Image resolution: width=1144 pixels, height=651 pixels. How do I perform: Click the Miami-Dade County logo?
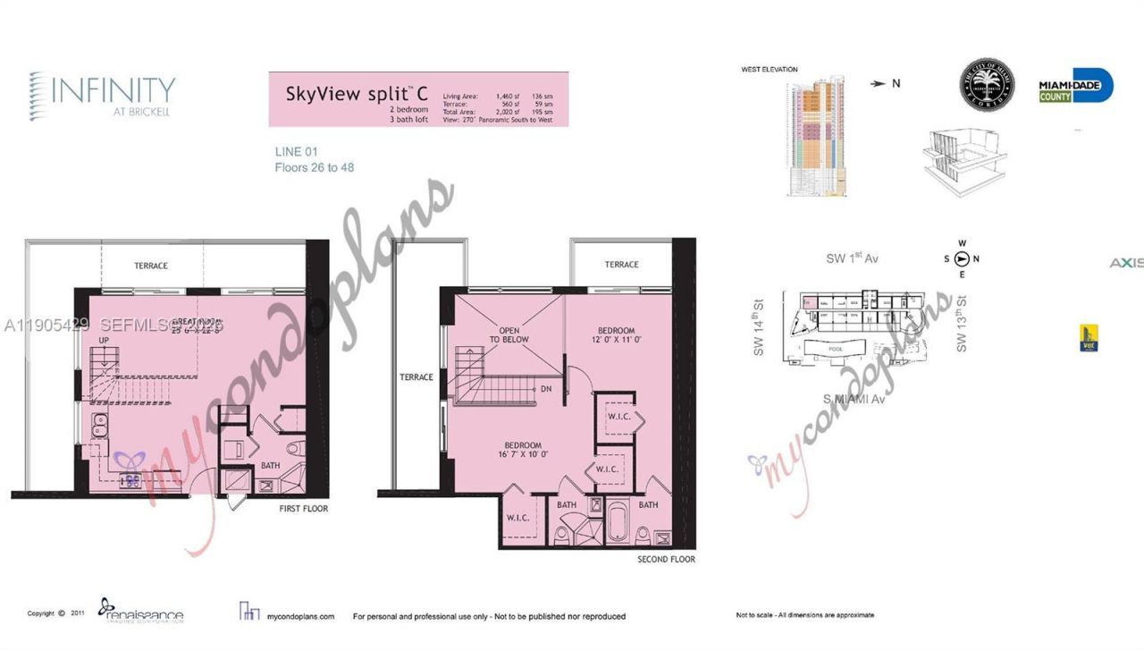tap(1075, 86)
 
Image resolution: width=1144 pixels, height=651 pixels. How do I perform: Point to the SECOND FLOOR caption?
tap(666, 560)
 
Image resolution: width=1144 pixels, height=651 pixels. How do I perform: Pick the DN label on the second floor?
tap(545, 389)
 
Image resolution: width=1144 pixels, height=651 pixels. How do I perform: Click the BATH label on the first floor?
tap(270, 465)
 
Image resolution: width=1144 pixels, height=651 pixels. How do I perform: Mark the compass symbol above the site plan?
tap(962, 259)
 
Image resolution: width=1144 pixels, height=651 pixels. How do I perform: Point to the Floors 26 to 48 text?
tap(314, 167)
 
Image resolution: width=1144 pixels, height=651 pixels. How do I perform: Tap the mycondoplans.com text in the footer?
tap(301, 616)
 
